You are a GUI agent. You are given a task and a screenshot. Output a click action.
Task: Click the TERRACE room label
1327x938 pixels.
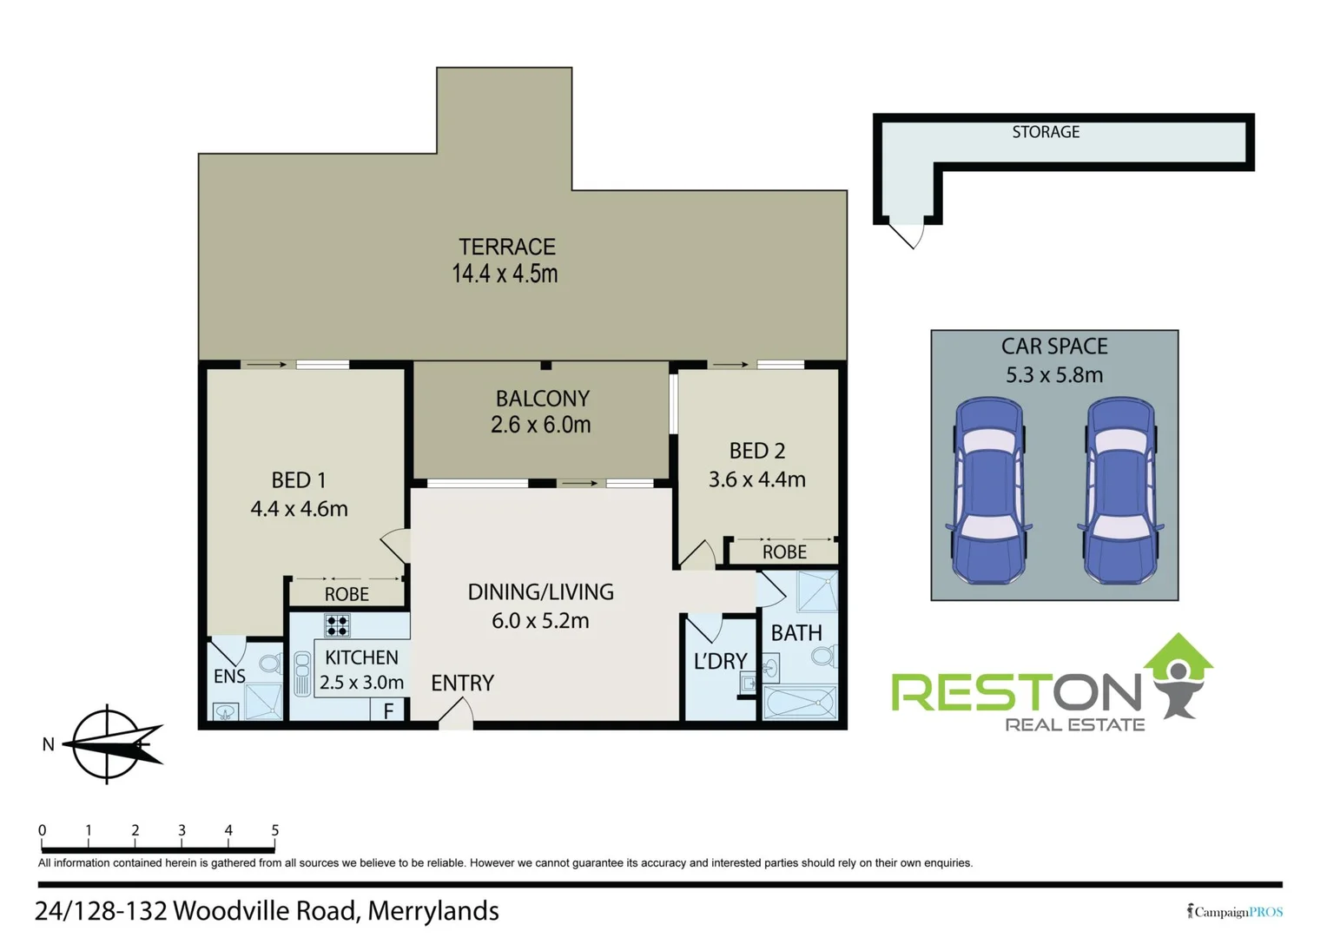point(507,248)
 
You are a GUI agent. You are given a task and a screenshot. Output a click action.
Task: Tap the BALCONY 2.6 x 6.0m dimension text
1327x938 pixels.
point(540,426)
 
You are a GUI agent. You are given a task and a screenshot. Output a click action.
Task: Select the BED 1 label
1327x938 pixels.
point(298,480)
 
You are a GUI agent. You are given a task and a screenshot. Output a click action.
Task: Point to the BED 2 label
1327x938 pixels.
point(756,451)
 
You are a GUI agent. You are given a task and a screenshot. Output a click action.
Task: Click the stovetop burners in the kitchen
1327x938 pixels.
point(337,625)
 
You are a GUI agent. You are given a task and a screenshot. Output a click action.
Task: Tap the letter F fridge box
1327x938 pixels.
point(388,710)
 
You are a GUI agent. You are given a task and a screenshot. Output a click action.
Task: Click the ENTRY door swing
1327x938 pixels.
point(456,714)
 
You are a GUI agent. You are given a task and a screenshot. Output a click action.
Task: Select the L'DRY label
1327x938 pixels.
point(720,662)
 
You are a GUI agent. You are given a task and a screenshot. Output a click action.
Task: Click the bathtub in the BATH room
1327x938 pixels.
point(800,702)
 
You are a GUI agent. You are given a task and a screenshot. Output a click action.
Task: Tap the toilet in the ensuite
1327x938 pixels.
point(270,664)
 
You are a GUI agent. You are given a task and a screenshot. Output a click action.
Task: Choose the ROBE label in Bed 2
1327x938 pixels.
point(784,552)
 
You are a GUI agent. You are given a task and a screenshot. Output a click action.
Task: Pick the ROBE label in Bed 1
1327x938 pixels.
point(347,595)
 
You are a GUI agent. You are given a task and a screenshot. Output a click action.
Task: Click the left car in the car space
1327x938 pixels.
point(989,491)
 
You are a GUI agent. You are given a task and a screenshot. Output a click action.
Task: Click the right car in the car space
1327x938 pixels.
point(1120,491)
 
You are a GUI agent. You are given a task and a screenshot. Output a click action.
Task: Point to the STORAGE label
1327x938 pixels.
point(1046,132)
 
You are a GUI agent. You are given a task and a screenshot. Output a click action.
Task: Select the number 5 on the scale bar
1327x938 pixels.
point(274,830)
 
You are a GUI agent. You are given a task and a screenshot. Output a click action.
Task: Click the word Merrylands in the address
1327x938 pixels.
point(432,911)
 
